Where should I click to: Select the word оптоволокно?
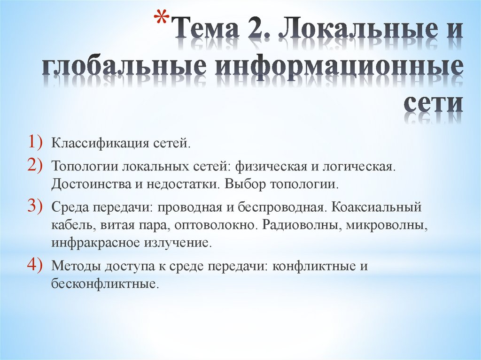click(216, 225)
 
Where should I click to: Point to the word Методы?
click(72, 266)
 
